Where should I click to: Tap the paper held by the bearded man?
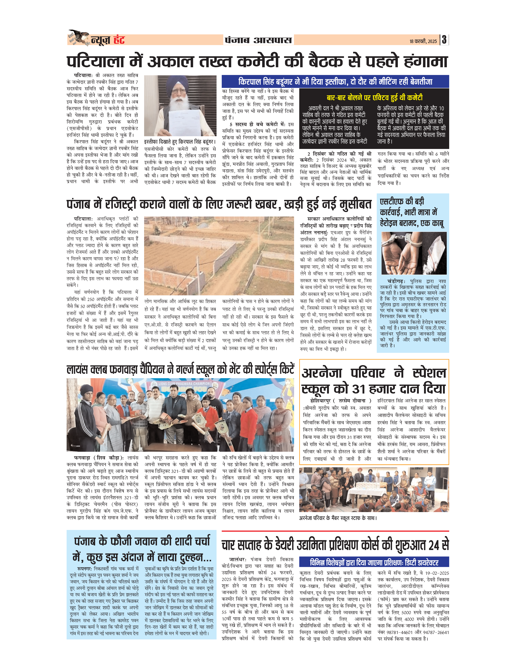[184, 122]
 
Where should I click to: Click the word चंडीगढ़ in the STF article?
[396, 281]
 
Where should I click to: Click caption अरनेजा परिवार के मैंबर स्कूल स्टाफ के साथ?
[338, 518]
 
